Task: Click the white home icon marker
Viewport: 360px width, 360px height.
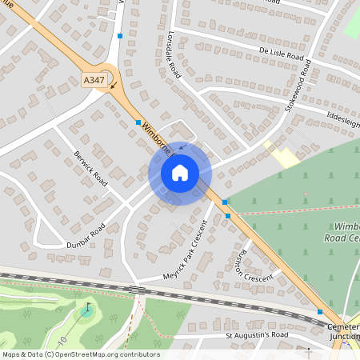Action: click(179, 173)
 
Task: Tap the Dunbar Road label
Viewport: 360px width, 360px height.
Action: click(86, 230)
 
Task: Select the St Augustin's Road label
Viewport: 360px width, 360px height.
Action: click(255, 334)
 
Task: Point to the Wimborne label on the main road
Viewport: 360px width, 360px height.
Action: click(159, 138)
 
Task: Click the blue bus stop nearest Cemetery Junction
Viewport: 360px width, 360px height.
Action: click(320, 312)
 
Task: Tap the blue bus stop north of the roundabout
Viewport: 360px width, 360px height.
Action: click(120, 36)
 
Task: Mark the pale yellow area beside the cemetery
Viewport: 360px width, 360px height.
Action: click(282, 154)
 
